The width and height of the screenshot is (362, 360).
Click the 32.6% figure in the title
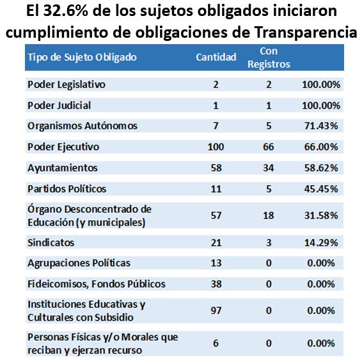(66, 11)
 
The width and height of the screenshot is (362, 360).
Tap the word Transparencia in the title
(306, 32)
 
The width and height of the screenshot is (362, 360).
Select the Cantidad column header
(216, 57)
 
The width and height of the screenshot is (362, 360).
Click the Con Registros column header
(269, 58)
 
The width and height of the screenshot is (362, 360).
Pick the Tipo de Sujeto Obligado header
(83, 58)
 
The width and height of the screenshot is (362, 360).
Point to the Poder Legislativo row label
(67, 84)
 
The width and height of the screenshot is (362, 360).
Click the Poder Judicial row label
(59, 106)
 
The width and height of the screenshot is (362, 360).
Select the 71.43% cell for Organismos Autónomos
(321, 126)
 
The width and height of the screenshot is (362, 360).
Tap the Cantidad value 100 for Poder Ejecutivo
(216, 147)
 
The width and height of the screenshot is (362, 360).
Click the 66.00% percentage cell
(321, 147)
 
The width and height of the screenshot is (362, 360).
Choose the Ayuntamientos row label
(63, 168)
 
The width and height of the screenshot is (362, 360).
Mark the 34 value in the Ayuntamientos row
(269, 168)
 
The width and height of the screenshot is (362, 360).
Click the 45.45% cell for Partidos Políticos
(321, 189)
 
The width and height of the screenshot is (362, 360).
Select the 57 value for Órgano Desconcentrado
(216, 215)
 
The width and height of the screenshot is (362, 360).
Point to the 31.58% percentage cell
(321, 215)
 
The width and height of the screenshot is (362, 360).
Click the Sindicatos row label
(51, 243)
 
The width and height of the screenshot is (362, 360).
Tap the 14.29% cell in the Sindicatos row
(321, 243)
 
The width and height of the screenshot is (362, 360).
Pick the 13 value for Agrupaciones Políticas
(216, 263)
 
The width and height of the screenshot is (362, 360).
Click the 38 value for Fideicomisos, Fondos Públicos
(216, 284)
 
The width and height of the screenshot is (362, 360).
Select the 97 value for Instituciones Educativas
(216, 311)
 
